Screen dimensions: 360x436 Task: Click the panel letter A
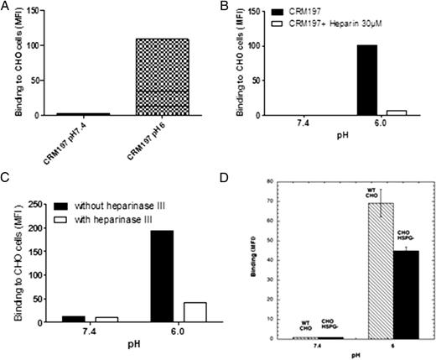(x=6, y=8)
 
